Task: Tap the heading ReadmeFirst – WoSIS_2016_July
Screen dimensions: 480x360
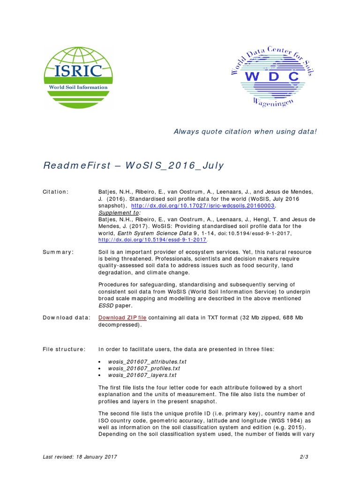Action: [x=134, y=165]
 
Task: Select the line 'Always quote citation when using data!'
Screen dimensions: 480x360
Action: [x=245, y=131]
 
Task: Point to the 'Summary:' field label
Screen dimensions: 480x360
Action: [x=59, y=252]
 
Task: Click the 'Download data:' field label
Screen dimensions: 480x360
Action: [x=66, y=318]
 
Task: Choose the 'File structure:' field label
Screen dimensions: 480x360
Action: [x=64, y=349]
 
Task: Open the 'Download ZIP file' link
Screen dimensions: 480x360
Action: [x=122, y=318]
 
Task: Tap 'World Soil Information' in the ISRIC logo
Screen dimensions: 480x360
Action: [x=78, y=87]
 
